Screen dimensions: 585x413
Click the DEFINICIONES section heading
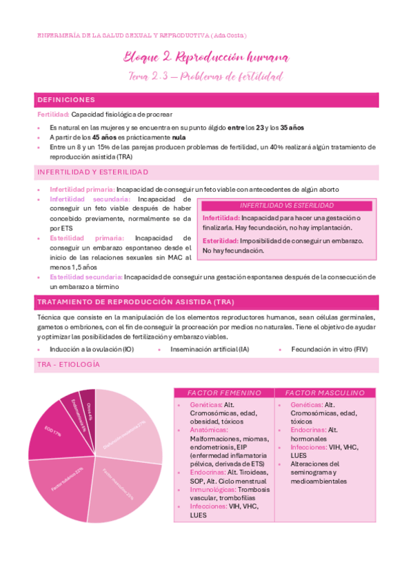66,99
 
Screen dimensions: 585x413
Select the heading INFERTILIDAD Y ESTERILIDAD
92,172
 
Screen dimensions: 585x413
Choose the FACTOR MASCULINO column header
325,393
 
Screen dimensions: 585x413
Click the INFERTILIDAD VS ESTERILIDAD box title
286,206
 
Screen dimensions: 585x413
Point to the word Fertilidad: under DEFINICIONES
52,115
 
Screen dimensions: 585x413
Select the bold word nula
179,137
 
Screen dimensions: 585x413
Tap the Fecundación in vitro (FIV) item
330,350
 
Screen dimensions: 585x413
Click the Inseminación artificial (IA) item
210,350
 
